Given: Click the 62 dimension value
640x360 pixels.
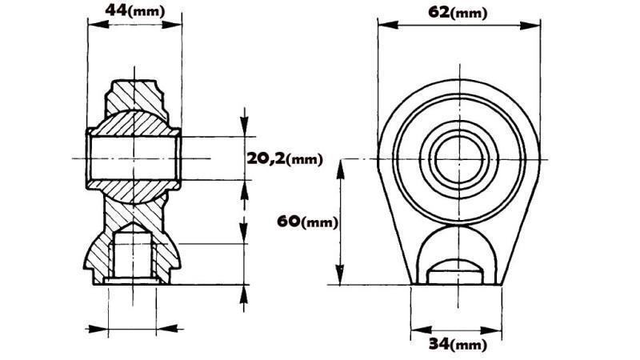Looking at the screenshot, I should pyautogui.click(x=438, y=11).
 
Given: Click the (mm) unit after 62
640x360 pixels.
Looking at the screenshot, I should pyautogui.click(x=469, y=13).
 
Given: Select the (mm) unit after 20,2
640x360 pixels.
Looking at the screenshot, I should pyautogui.click(x=304, y=160).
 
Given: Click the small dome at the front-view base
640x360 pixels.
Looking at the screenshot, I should pyautogui.click(x=454, y=270).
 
